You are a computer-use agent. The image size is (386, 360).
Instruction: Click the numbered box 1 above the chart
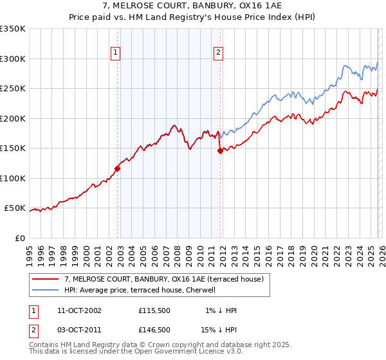(116, 53)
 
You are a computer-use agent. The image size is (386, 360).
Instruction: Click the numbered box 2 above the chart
(219, 53)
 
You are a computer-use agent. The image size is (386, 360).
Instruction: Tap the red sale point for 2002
(118, 169)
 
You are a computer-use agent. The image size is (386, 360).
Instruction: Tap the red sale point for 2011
(220, 151)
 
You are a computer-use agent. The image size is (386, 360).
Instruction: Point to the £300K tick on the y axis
(13, 59)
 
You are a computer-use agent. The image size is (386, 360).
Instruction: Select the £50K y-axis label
(15, 208)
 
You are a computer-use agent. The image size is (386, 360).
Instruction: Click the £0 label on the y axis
(21, 239)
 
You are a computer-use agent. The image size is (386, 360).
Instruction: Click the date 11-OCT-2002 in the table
(79, 310)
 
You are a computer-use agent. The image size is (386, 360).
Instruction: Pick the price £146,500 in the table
(154, 329)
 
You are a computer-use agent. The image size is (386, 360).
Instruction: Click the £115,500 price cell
(154, 310)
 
